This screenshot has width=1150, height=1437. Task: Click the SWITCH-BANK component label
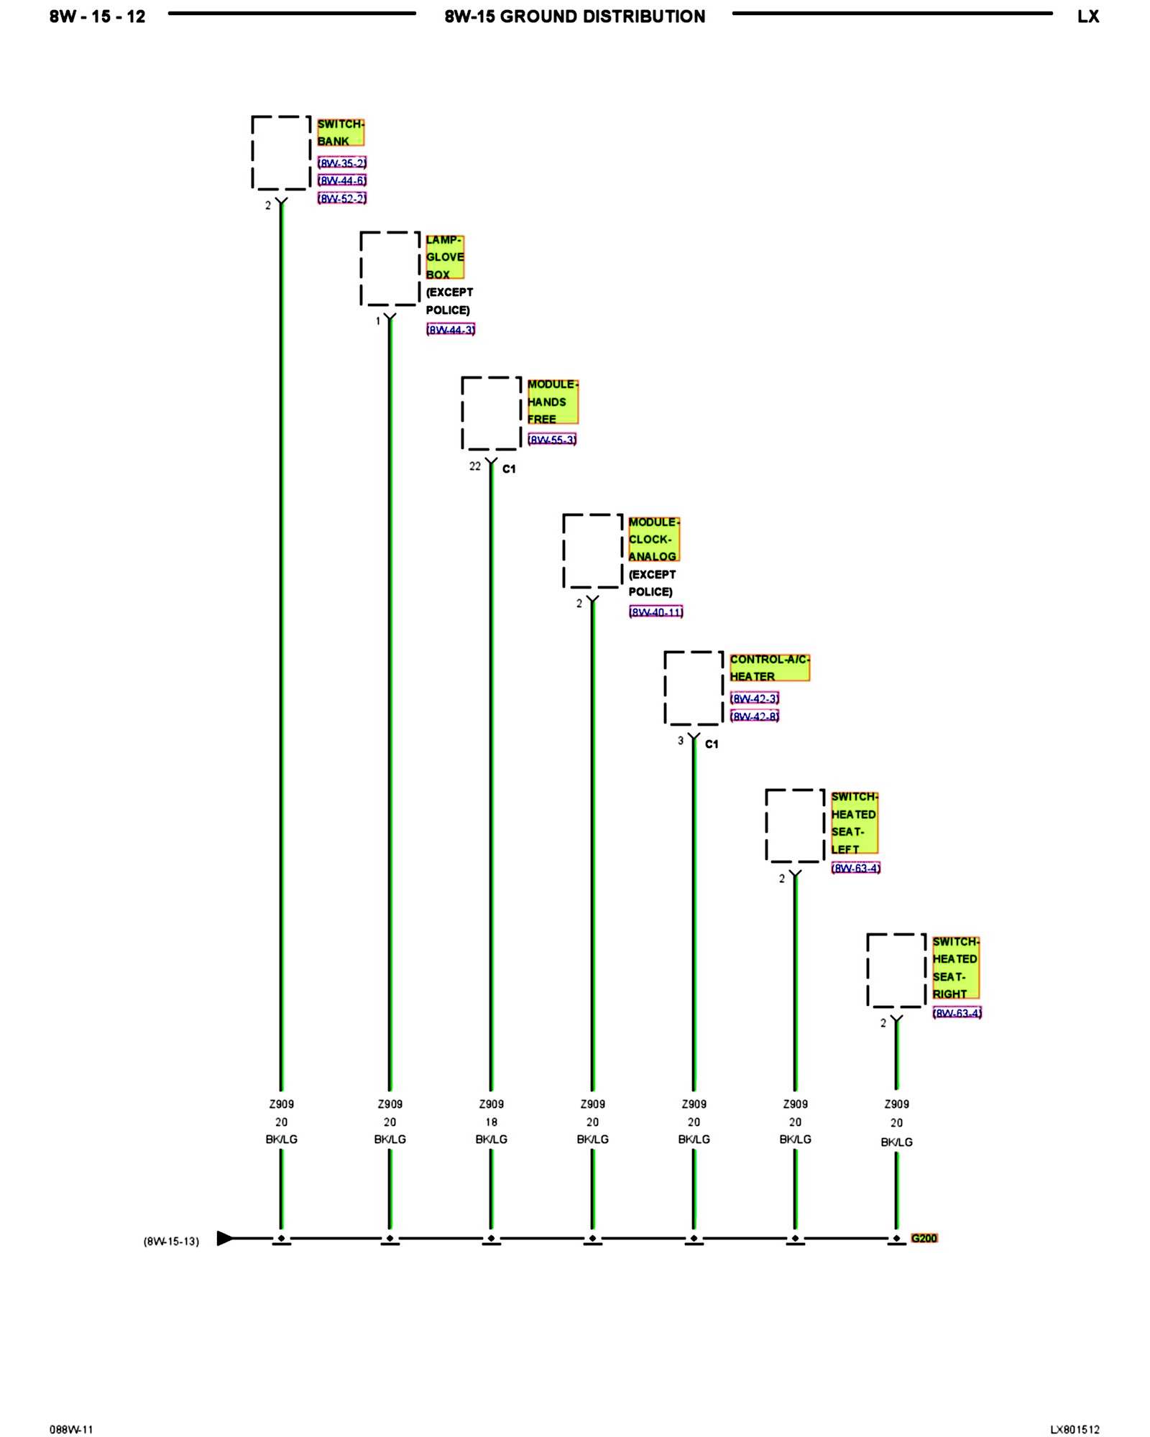[x=340, y=133]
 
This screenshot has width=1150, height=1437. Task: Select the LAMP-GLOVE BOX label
[x=444, y=257]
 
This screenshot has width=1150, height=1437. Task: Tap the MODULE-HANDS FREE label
[x=551, y=402]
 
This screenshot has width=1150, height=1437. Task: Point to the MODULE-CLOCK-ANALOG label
[x=653, y=540]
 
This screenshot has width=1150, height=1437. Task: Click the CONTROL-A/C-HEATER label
[x=768, y=668]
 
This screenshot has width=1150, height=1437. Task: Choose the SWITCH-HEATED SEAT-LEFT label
[x=854, y=823]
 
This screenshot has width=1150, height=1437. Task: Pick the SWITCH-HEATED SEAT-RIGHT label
[x=955, y=968]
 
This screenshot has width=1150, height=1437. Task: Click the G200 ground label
[x=924, y=1238]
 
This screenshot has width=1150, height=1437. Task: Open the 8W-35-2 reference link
[x=342, y=163]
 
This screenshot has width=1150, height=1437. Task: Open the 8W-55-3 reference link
[x=552, y=440]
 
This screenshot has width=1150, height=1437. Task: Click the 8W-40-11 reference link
[x=655, y=612]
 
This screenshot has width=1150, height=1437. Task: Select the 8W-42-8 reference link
[x=755, y=716]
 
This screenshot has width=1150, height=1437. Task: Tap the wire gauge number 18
[x=491, y=1122]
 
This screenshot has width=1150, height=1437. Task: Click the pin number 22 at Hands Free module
[x=475, y=466]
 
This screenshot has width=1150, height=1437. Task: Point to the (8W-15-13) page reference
[x=171, y=1242]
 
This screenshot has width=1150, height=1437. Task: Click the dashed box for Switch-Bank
[x=281, y=153]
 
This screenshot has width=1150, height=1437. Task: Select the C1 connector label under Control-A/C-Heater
[x=712, y=744]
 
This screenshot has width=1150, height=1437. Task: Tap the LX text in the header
[x=1088, y=17]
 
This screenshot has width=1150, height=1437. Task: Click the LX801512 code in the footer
[x=1075, y=1430]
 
